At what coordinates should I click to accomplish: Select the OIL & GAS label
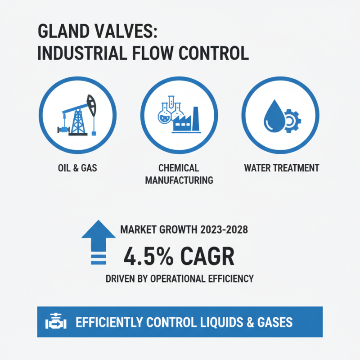pos(77,168)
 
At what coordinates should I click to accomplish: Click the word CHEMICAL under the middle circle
pos(179,168)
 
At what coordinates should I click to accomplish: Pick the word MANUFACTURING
pos(179,180)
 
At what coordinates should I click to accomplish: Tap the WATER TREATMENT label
pos(281,168)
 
